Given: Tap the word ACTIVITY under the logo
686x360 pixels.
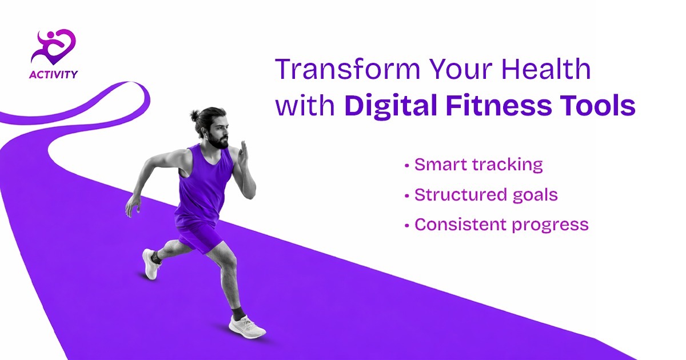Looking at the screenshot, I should pyautogui.click(x=54, y=74).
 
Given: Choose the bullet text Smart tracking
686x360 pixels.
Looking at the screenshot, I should pyautogui.click(x=478, y=165).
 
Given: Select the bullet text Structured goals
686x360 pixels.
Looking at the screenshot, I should pyautogui.click(x=485, y=195).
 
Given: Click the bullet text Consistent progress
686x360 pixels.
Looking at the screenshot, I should pyautogui.click(x=501, y=225).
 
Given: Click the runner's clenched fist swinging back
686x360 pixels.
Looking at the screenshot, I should pyautogui.click(x=133, y=205).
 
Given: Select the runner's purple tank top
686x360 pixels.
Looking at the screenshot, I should pyautogui.click(x=205, y=183).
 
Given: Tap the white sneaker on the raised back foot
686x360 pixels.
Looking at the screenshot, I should pyautogui.click(x=150, y=265).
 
